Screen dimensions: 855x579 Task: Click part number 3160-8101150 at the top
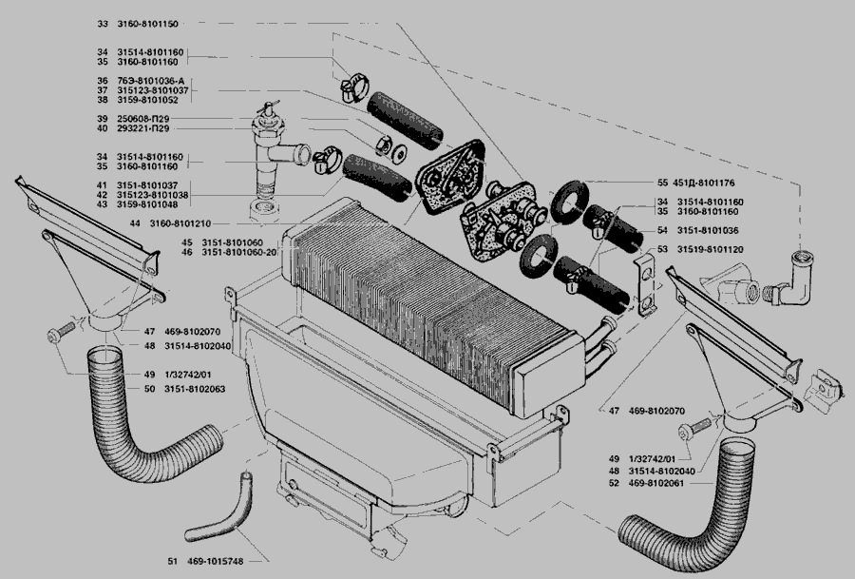coord(147,24)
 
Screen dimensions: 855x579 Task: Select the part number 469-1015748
coord(215,561)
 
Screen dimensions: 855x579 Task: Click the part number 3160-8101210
coord(180,223)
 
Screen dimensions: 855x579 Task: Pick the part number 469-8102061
coord(655,483)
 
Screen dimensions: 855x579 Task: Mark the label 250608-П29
coord(142,119)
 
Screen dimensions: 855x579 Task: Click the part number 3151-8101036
coord(708,230)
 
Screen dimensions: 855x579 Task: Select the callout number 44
coord(135,223)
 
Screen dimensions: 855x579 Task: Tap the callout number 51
coord(172,561)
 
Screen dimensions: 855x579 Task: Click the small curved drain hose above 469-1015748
coord(219,508)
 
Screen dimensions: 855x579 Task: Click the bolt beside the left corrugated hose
coord(61,332)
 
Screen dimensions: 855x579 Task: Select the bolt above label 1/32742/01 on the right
coord(694,429)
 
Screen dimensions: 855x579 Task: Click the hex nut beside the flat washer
coord(384,145)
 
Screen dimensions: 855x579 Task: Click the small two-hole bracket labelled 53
coord(646,285)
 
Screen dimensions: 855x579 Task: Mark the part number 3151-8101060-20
coord(239,253)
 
